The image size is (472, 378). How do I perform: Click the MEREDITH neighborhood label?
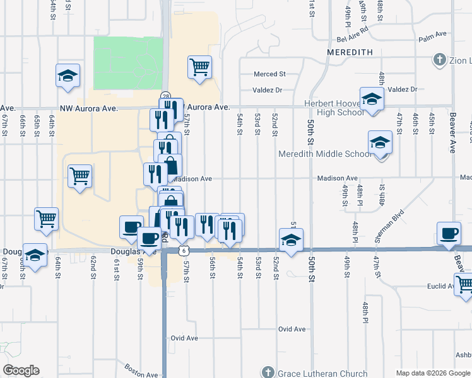click(350, 52)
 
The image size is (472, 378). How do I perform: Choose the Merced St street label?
click(269, 74)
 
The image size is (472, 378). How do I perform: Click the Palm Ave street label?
click(432, 39)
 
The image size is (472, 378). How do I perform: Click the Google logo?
click(21, 370)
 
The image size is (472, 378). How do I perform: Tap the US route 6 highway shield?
click(182, 250)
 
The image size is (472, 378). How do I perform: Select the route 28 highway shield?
click(164, 94)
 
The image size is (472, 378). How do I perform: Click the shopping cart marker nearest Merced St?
click(199, 66)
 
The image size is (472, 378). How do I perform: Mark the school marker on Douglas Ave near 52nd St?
click(291, 240)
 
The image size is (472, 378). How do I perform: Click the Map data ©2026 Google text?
click(433, 373)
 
